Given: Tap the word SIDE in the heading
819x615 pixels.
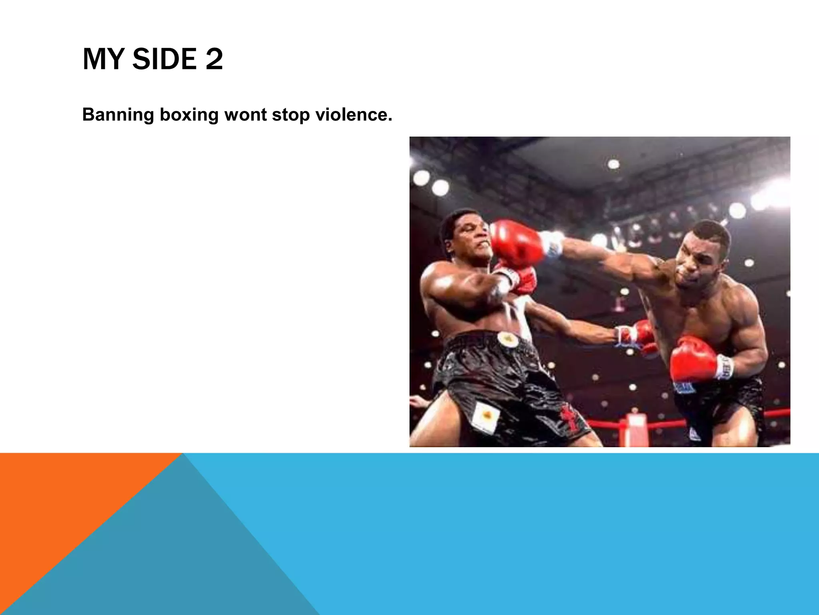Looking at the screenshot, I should [x=164, y=59].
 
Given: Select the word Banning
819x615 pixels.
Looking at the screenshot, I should [x=118, y=115].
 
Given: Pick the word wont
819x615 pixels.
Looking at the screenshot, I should [x=245, y=115].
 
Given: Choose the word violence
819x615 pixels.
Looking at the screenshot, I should [x=354, y=115].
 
